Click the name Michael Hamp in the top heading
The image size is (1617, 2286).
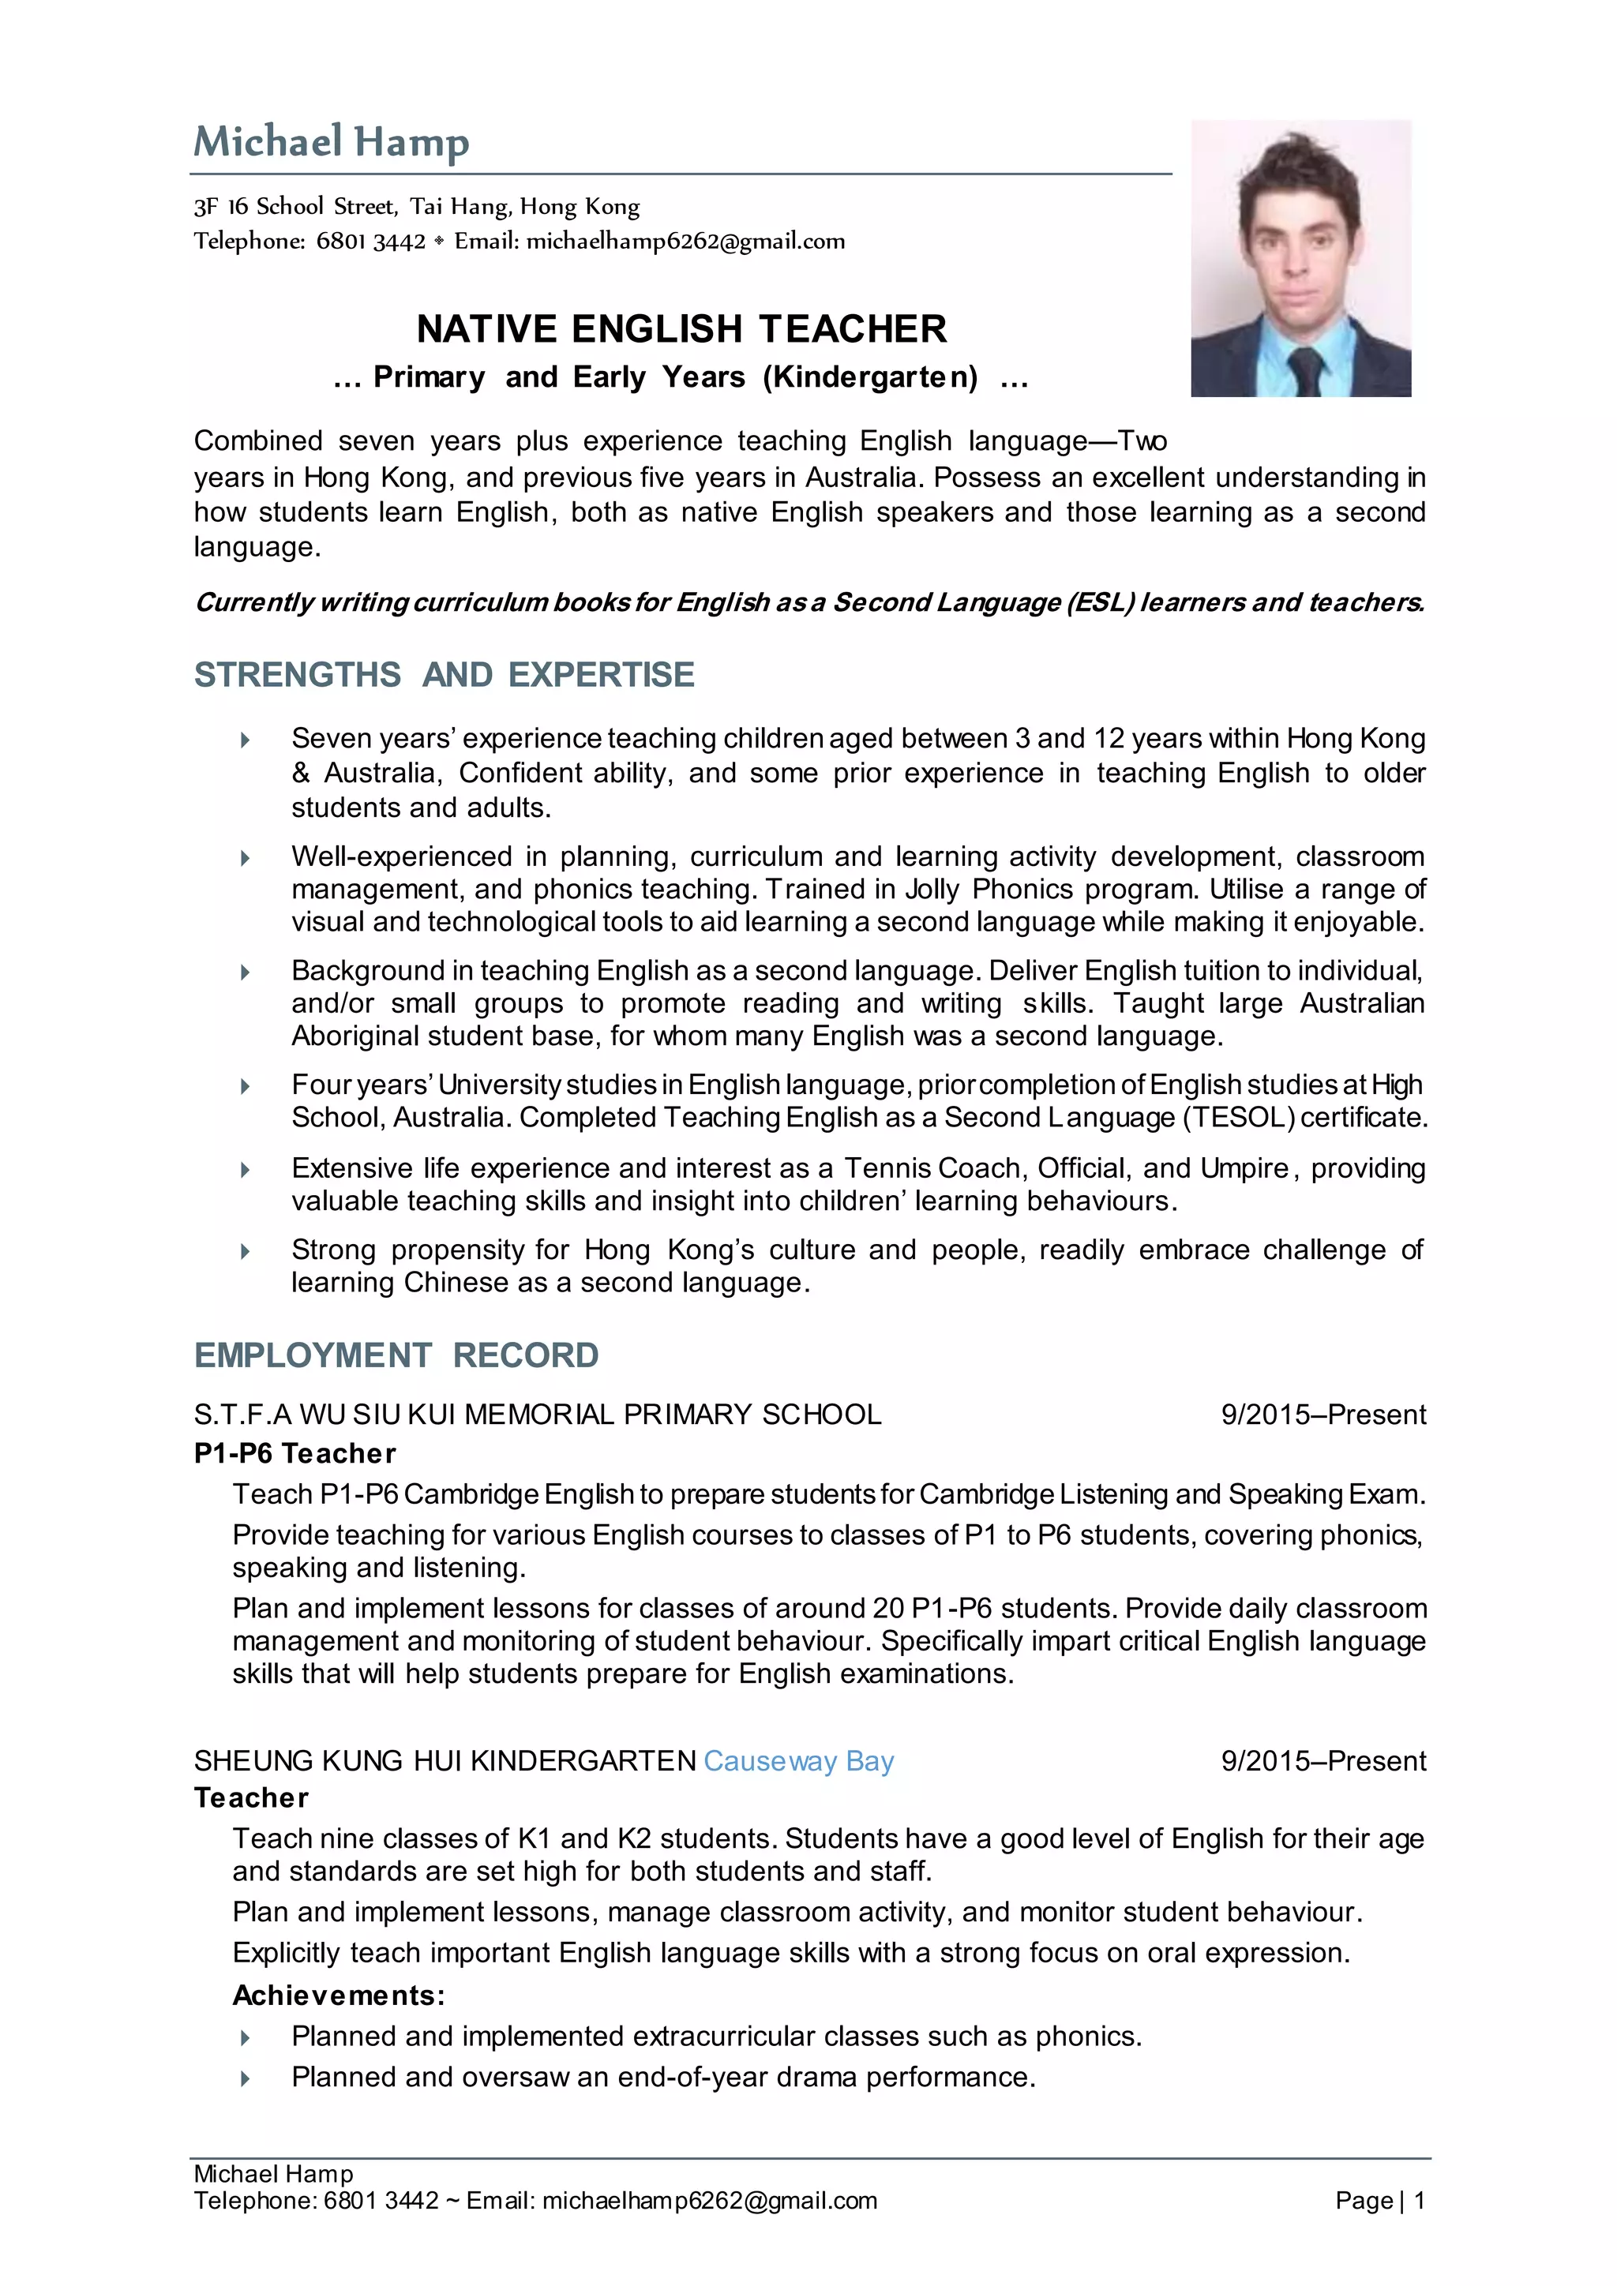(x=331, y=142)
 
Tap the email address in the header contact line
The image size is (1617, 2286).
(x=685, y=241)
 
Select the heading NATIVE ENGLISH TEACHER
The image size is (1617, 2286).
(x=681, y=328)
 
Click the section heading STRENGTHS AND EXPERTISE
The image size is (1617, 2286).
(x=444, y=675)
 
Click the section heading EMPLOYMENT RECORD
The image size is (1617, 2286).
(x=396, y=1355)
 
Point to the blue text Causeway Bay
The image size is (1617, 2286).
(x=798, y=1761)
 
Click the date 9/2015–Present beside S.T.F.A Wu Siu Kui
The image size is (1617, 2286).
(x=1323, y=1415)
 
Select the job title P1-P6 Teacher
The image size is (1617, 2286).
(x=295, y=1454)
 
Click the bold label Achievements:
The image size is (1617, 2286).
(x=339, y=1996)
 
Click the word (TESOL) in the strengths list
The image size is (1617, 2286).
(x=1239, y=1117)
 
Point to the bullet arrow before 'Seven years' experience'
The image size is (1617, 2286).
(x=245, y=740)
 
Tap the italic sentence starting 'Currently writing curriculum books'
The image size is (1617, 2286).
(x=808, y=602)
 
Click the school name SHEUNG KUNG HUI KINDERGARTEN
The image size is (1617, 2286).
(x=445, y=1761)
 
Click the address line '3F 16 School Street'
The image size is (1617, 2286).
(x=416, y=207)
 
